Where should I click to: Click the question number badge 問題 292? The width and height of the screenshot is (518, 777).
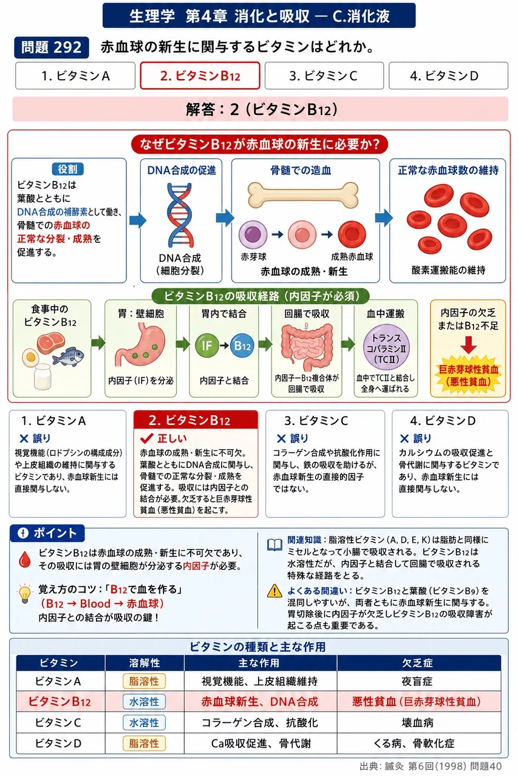click(52, 47)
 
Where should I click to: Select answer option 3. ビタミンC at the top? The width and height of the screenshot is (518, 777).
click(324, 76)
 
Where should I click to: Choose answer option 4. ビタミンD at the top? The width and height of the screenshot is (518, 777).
click(448, 76)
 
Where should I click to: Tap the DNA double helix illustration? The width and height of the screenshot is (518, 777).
click(180, 215)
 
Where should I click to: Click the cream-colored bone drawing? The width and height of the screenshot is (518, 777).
click(303, 195)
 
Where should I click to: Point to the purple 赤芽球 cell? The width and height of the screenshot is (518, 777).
click(253, 234)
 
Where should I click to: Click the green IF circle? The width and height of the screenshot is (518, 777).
click(207, 345)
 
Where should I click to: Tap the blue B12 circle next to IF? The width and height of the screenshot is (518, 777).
click(242, 345)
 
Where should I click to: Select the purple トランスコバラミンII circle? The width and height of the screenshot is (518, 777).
click(386, 348)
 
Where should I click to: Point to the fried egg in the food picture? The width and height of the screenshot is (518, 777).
click(30, 358)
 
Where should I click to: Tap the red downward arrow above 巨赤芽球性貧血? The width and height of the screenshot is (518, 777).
click(468, 344)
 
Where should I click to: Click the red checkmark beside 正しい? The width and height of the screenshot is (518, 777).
click(147, 438)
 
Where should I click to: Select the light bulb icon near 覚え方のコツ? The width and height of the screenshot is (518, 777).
click(25, 594)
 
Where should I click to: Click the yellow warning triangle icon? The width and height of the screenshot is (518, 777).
click(274, 591)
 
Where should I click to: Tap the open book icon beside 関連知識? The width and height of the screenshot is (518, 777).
click(274, 545)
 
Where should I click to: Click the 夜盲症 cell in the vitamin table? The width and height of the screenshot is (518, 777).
click(417, 682)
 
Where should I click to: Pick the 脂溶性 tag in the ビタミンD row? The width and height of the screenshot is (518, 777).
click(144, 744)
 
